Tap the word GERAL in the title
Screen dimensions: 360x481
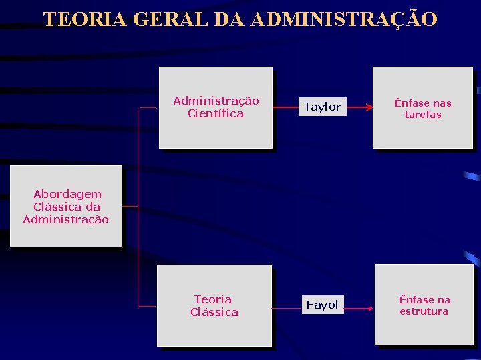[x=174, y=19]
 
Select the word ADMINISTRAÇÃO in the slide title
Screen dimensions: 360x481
[x=345, y=19]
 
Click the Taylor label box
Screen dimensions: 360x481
[x=323, y=107]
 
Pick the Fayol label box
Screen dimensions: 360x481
[x=322, y=305]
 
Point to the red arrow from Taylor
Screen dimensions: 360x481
[x=360, y=107]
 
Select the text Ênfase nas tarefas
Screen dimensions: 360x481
[x=423, y=109]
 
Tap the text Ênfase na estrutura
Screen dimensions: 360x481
[x=424, y=305]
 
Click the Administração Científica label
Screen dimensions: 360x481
[x=216, y=107]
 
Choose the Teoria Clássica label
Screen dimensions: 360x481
[x=214, y=305]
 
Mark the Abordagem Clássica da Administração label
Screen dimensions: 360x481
[x=66, y=207]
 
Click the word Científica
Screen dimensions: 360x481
[x=216, y=114]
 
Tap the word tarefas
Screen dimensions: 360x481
[x=423, y=115]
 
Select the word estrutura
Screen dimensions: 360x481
[x=424, y=311]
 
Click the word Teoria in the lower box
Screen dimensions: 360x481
[x=213, y=299]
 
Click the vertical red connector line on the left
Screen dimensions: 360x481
[x=138, y=207]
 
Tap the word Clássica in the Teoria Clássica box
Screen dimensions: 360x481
[x=214, y=312]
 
